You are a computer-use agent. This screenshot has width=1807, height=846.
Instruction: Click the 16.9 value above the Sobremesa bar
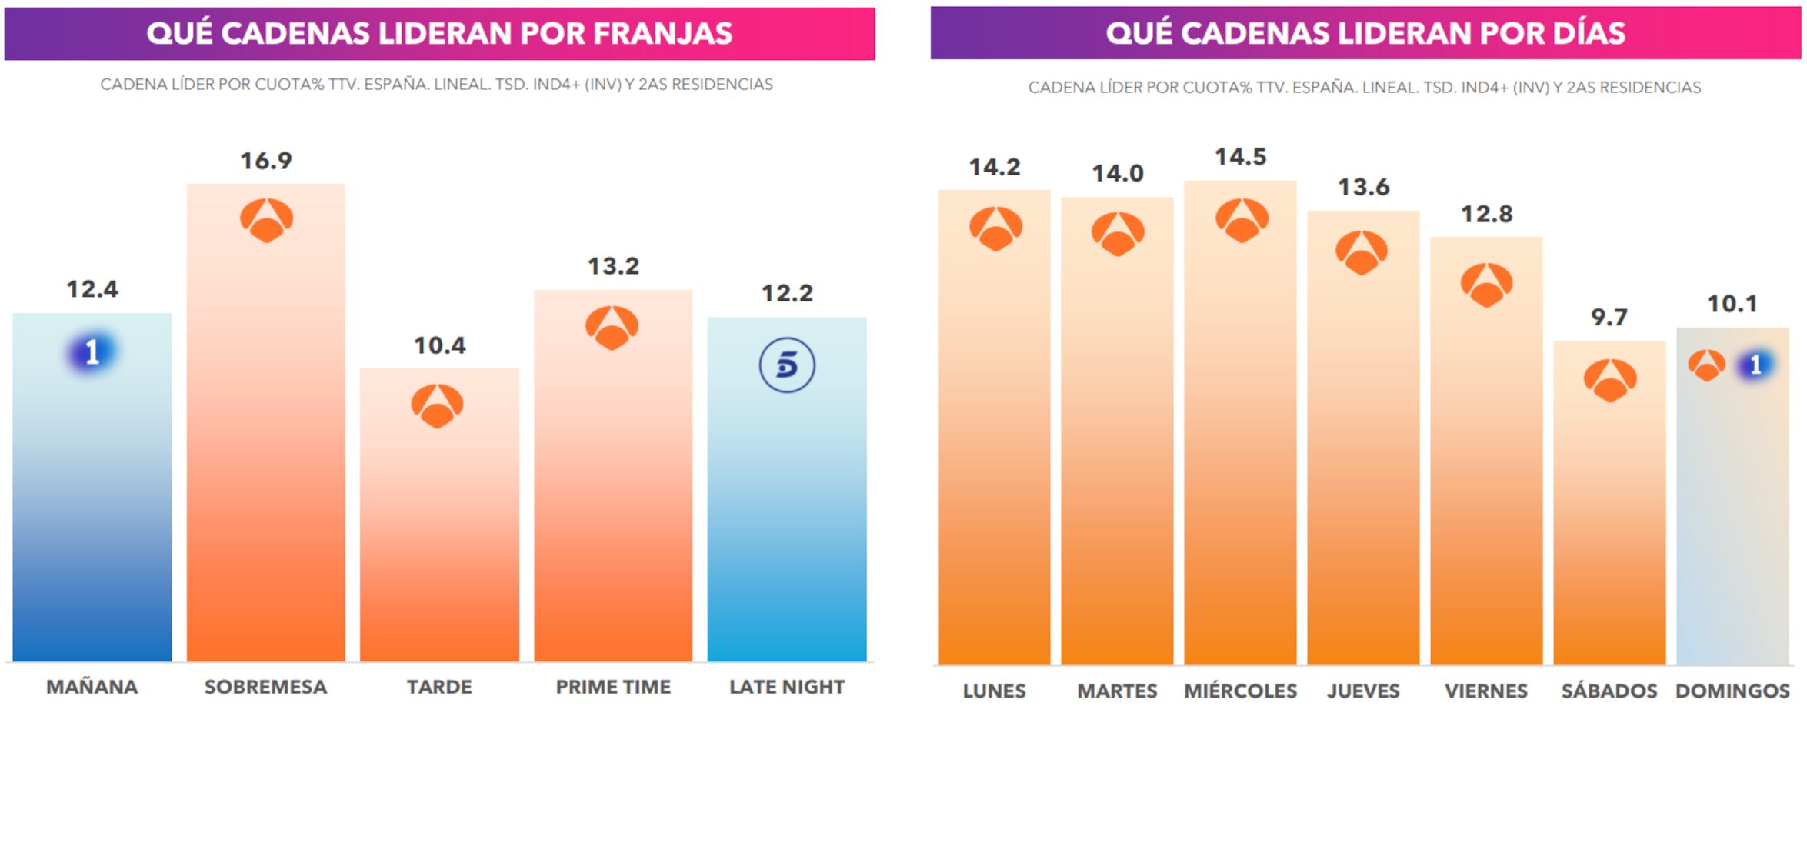[x=266, y=161]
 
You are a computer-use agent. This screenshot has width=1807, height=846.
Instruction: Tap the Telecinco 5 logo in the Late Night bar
[x=787, y=365]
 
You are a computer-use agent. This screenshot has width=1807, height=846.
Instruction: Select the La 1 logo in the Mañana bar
[x=92, y=352]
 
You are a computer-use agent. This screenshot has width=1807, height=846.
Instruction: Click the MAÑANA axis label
[x=92, y=687]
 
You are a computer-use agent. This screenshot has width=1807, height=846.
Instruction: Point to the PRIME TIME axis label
[x=613, y=687]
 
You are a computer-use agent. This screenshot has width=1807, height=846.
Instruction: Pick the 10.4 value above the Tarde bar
[x=439, y=345]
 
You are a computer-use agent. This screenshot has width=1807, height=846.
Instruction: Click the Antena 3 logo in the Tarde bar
[x=437, y=405]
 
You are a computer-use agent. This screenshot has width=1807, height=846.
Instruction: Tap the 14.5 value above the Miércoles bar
[x=1240, y=157]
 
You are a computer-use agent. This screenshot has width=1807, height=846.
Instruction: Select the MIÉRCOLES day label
[x=1240, y=691]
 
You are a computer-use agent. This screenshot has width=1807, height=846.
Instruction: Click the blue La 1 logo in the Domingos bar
[x=1755, y=365]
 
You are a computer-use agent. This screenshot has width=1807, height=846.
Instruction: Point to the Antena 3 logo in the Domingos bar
[x=1706, y=365]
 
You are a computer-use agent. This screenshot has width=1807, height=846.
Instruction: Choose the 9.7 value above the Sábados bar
[x=1609, y=317]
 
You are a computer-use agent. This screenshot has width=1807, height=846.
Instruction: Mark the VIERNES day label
[x=1486, y=691]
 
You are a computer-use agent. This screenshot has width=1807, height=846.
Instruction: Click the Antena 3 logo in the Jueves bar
[x=1362, y=252]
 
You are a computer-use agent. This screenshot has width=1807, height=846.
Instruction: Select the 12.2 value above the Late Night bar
[x=787, y=293]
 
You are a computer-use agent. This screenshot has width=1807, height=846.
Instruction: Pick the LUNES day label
[x=994, y=691]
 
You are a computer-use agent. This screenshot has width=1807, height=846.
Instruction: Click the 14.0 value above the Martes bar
[x=1117, y=173]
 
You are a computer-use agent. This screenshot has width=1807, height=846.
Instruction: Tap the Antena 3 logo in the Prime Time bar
[x=612, y=328]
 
